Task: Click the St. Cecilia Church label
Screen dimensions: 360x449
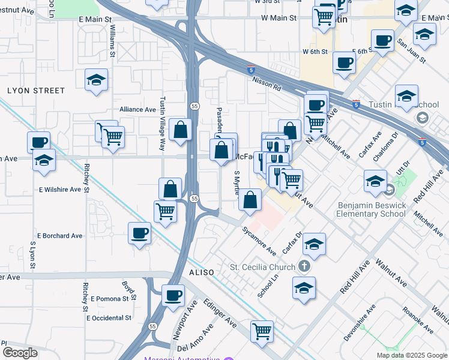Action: point(263,267)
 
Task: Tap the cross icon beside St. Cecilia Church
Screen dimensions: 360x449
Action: point(304,267)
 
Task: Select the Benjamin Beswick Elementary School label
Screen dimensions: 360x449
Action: point(371,209)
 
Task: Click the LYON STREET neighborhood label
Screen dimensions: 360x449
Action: point(36,91)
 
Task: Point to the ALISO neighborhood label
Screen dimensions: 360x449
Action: point(202,272)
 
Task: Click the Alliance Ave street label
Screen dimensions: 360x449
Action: point(137,109)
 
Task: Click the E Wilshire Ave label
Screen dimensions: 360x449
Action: point(59,190)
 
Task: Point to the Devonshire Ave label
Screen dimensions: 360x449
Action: point(359,323)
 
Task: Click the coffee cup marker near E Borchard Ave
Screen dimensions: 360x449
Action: point(139,232)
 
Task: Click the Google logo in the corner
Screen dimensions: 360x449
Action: point(20,353)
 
